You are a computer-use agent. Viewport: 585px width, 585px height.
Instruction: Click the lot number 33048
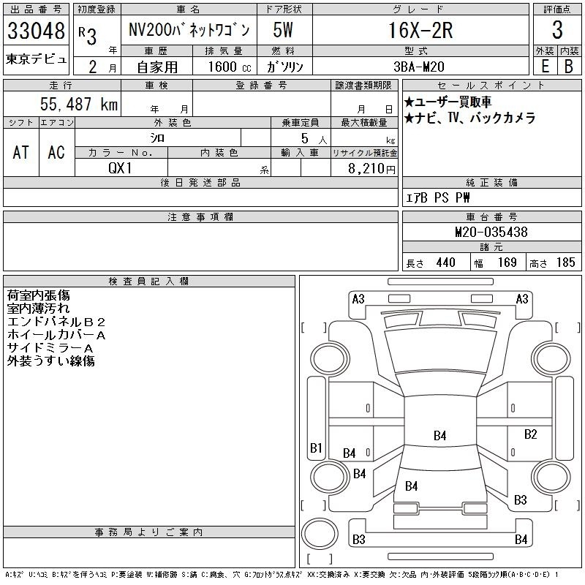(36, 31)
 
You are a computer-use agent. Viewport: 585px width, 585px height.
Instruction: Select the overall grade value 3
(557, 30)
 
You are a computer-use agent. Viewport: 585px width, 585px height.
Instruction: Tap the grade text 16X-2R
(420, 30)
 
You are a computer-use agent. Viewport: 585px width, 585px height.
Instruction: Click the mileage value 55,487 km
(79, 104)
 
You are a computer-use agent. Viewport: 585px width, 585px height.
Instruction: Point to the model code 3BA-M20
(419, 67)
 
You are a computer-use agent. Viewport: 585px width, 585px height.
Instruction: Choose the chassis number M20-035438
(491, 232)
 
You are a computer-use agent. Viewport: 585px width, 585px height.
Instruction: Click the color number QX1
(120, 168)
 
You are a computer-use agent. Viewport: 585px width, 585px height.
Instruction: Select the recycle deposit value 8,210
(366, 169)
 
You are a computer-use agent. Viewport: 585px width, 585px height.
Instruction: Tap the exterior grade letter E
(545, 67)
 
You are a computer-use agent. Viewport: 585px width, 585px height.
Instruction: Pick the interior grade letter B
(569, 67)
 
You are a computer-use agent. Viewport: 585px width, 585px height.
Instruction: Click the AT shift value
(20, 152)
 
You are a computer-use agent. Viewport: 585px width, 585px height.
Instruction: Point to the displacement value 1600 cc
(230, 67)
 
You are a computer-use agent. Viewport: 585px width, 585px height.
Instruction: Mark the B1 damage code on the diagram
(316, 448)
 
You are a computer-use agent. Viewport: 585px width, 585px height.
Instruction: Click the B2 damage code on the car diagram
(530, 434)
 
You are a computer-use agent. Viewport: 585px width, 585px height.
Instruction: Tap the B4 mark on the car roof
(440, 435)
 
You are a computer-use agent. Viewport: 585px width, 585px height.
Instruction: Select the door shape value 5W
(283, 30)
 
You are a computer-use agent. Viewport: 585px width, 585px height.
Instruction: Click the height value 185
(565, 263)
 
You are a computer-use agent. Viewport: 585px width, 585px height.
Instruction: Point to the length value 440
(446, 263)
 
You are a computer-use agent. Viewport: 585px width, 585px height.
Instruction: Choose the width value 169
(507, 263)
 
